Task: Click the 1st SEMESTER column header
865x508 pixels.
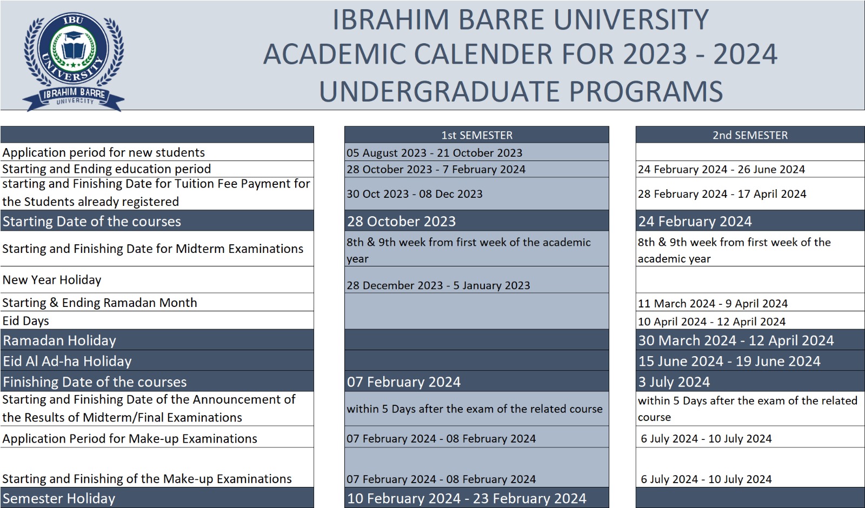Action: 477,135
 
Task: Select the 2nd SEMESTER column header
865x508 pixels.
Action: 750,135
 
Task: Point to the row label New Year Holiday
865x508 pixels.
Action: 52,279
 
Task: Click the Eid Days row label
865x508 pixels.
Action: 25,321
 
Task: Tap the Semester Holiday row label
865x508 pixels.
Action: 59,498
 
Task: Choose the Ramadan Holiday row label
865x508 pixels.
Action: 59,340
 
